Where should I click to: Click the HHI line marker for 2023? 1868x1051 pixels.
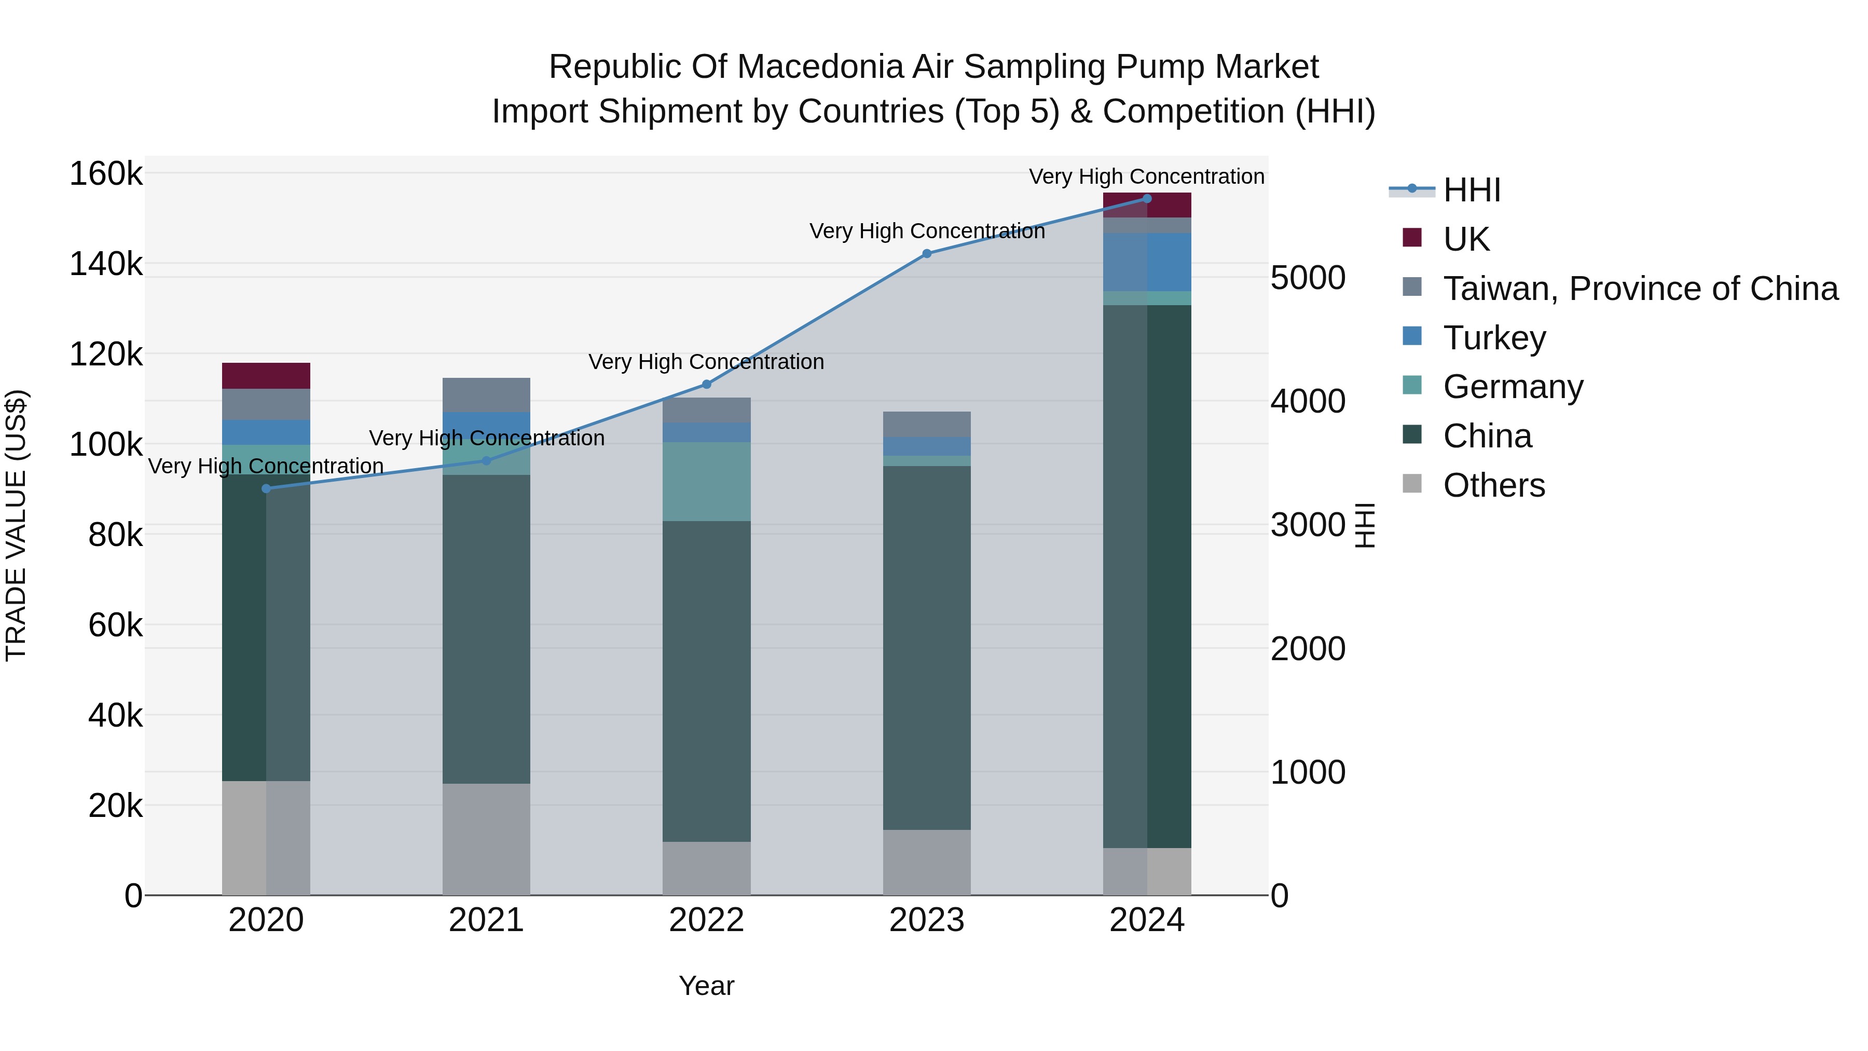point(927,253)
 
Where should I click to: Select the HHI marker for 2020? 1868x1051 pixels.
point(266,489)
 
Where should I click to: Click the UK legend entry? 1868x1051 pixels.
point(1465,239)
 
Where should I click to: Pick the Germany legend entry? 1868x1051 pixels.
point(1512,387)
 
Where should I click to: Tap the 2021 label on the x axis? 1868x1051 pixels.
point(486,920)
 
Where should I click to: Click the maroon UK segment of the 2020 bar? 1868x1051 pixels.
point(266,376)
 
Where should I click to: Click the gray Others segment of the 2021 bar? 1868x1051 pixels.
point(486,839)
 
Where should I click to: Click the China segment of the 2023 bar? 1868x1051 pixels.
point(927,647)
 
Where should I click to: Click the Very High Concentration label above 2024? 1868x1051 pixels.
point(1146,176)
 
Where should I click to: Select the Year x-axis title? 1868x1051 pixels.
point(706,986)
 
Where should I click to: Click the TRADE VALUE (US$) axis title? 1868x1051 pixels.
point(16,525)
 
